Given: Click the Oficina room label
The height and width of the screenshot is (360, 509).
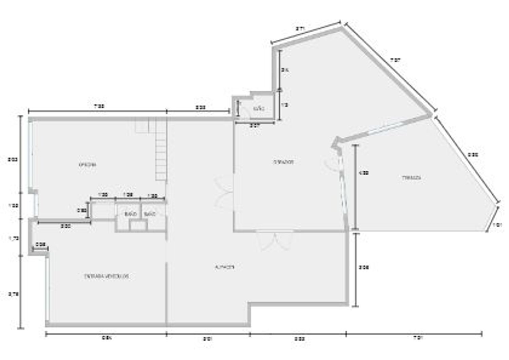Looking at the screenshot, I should [x=87, y=165].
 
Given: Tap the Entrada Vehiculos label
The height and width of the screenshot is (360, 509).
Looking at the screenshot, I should [x=106, y=276].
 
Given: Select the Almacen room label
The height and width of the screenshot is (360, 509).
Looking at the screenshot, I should [x=225, y=267].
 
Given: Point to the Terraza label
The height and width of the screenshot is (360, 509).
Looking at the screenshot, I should [x=412, y=178].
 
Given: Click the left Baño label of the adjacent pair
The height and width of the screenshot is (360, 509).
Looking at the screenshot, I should [x=131, y=214].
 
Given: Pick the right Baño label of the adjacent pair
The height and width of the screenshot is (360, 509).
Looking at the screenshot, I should [x=150, y=214].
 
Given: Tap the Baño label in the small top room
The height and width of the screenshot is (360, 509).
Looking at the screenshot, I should [x=259, y=109].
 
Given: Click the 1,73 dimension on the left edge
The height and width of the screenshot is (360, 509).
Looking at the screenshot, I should [x=14, y=239].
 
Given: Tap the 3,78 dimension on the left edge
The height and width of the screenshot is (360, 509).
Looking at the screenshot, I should [x=14, y=295].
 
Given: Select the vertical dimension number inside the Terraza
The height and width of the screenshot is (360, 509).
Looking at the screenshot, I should [x=364, y=173].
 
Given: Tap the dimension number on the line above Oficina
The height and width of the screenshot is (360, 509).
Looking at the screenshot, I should [x=99, y=107].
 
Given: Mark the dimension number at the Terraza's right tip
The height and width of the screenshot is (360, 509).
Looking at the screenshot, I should [x=497, y=225].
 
